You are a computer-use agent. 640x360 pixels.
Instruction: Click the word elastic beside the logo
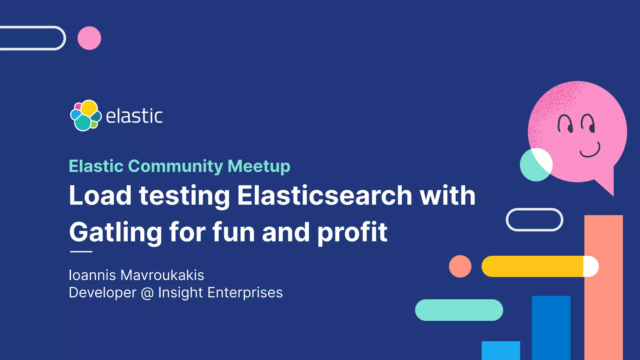click(134, 116)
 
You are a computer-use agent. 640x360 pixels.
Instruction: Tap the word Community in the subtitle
click(175, 166)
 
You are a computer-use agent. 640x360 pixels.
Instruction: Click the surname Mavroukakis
click(162, 275)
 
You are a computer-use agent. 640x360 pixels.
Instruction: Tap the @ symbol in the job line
click(147, 293)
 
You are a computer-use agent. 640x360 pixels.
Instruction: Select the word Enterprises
click(245, 293)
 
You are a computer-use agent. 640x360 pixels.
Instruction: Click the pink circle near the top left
click(89, 38)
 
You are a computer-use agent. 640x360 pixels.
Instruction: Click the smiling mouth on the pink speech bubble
click(590, 151)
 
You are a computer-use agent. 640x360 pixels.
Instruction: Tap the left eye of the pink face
click(565, 124)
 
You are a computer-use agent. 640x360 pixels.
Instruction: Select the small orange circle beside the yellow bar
click(460, 266)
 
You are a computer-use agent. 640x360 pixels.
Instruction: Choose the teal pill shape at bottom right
click(459, 310)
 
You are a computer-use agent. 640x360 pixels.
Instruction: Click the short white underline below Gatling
click(81, 251)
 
